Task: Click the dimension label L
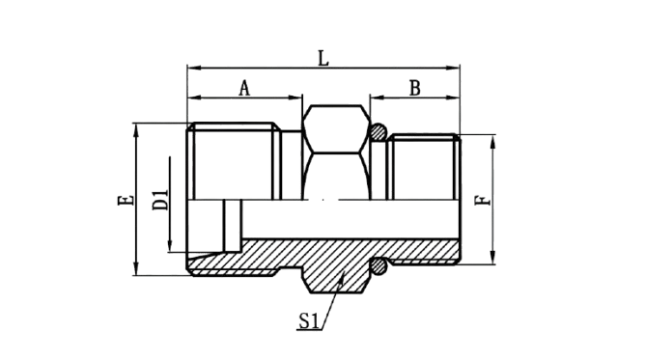(323, 58)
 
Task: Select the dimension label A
(244, 88)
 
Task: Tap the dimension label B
(415, 88)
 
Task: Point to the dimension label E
(126, 200)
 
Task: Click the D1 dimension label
(160, 200)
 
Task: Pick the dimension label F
(483, 200)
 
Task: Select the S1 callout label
(309, 321)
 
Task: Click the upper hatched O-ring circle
(378, 132)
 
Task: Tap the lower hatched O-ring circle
(379, 267)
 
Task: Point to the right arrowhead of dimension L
(453, 68)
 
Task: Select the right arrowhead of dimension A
(295, 97)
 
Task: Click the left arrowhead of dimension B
(377, 97)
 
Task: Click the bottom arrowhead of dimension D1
(170, 245)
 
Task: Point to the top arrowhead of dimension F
(493, 141)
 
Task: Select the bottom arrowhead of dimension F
(493, 258)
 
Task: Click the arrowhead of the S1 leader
(342, 277)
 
